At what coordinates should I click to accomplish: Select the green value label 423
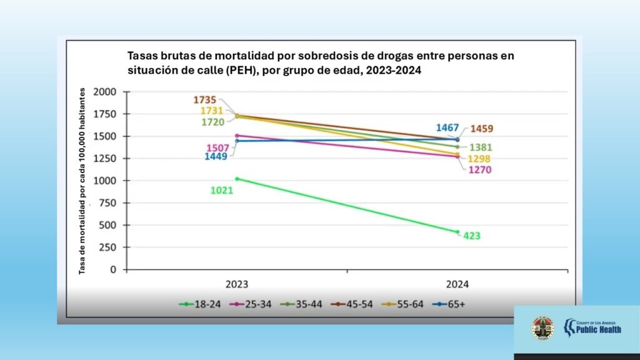472,236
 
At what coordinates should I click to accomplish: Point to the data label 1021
221,190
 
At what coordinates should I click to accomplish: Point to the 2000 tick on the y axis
105,92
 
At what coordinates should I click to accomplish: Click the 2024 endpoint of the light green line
457,232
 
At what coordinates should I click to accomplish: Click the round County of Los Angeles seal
542,327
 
